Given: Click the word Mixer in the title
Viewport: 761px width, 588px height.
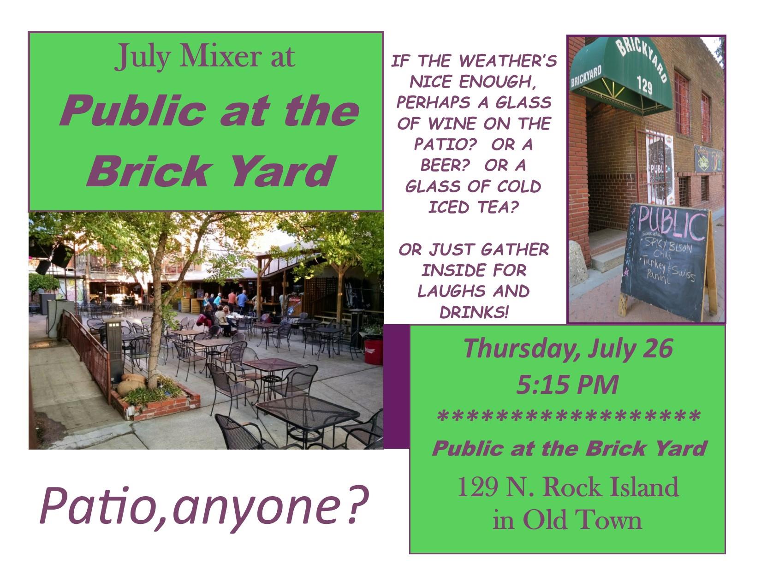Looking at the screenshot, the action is (x=220, y=56).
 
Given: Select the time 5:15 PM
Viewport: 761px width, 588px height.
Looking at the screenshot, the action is (x=567, y=385).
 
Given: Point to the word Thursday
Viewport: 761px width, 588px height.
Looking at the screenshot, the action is (x=522, y=350).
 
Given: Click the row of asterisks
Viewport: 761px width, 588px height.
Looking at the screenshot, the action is (x=569, y=416).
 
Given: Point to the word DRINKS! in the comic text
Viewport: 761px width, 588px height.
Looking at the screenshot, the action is (x=474, y=312).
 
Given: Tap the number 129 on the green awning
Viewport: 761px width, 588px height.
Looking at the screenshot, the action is (x=644, y=85).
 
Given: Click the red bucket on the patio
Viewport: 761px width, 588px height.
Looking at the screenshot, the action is (x=374, y=351).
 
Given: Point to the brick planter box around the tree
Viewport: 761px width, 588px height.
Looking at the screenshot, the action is (x=156, y=403).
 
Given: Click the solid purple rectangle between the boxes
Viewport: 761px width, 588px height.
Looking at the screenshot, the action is (x=397, y=386).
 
